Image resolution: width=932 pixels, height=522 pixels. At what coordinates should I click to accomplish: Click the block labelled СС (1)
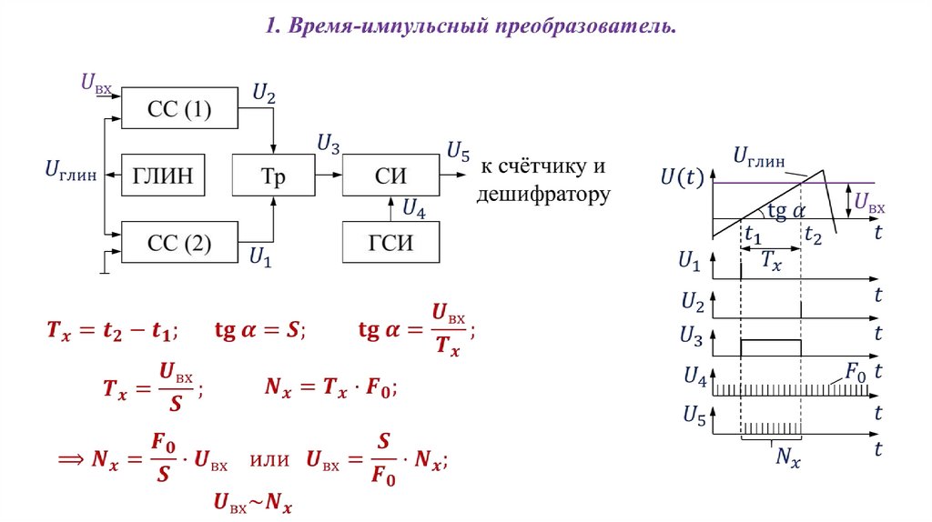[x=179, y=109]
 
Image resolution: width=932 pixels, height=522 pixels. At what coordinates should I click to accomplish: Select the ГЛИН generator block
[x=164, y=176]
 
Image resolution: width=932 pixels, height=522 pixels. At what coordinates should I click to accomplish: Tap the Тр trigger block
[x=273, y=176]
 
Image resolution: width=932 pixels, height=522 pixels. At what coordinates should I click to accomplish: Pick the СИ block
[x=390, y=176]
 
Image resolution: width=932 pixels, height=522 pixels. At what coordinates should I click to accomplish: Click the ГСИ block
[x=390, y=242]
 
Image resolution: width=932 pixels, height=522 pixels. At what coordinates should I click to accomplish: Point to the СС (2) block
[x=179, y=242]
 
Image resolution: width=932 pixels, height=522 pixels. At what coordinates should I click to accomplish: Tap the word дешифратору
[x=543, y=195]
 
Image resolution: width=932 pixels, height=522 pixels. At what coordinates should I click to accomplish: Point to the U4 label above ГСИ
[x=414, y=209]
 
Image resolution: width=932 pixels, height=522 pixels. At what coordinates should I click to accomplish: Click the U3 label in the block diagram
[x=329, y=144]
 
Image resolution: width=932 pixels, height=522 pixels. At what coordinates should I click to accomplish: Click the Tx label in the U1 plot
[x=772, y=261]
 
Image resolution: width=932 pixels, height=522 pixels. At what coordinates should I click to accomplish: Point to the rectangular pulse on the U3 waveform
[x=772, y=346]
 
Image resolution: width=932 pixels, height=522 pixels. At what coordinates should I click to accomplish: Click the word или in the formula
[x=268, y=463]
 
